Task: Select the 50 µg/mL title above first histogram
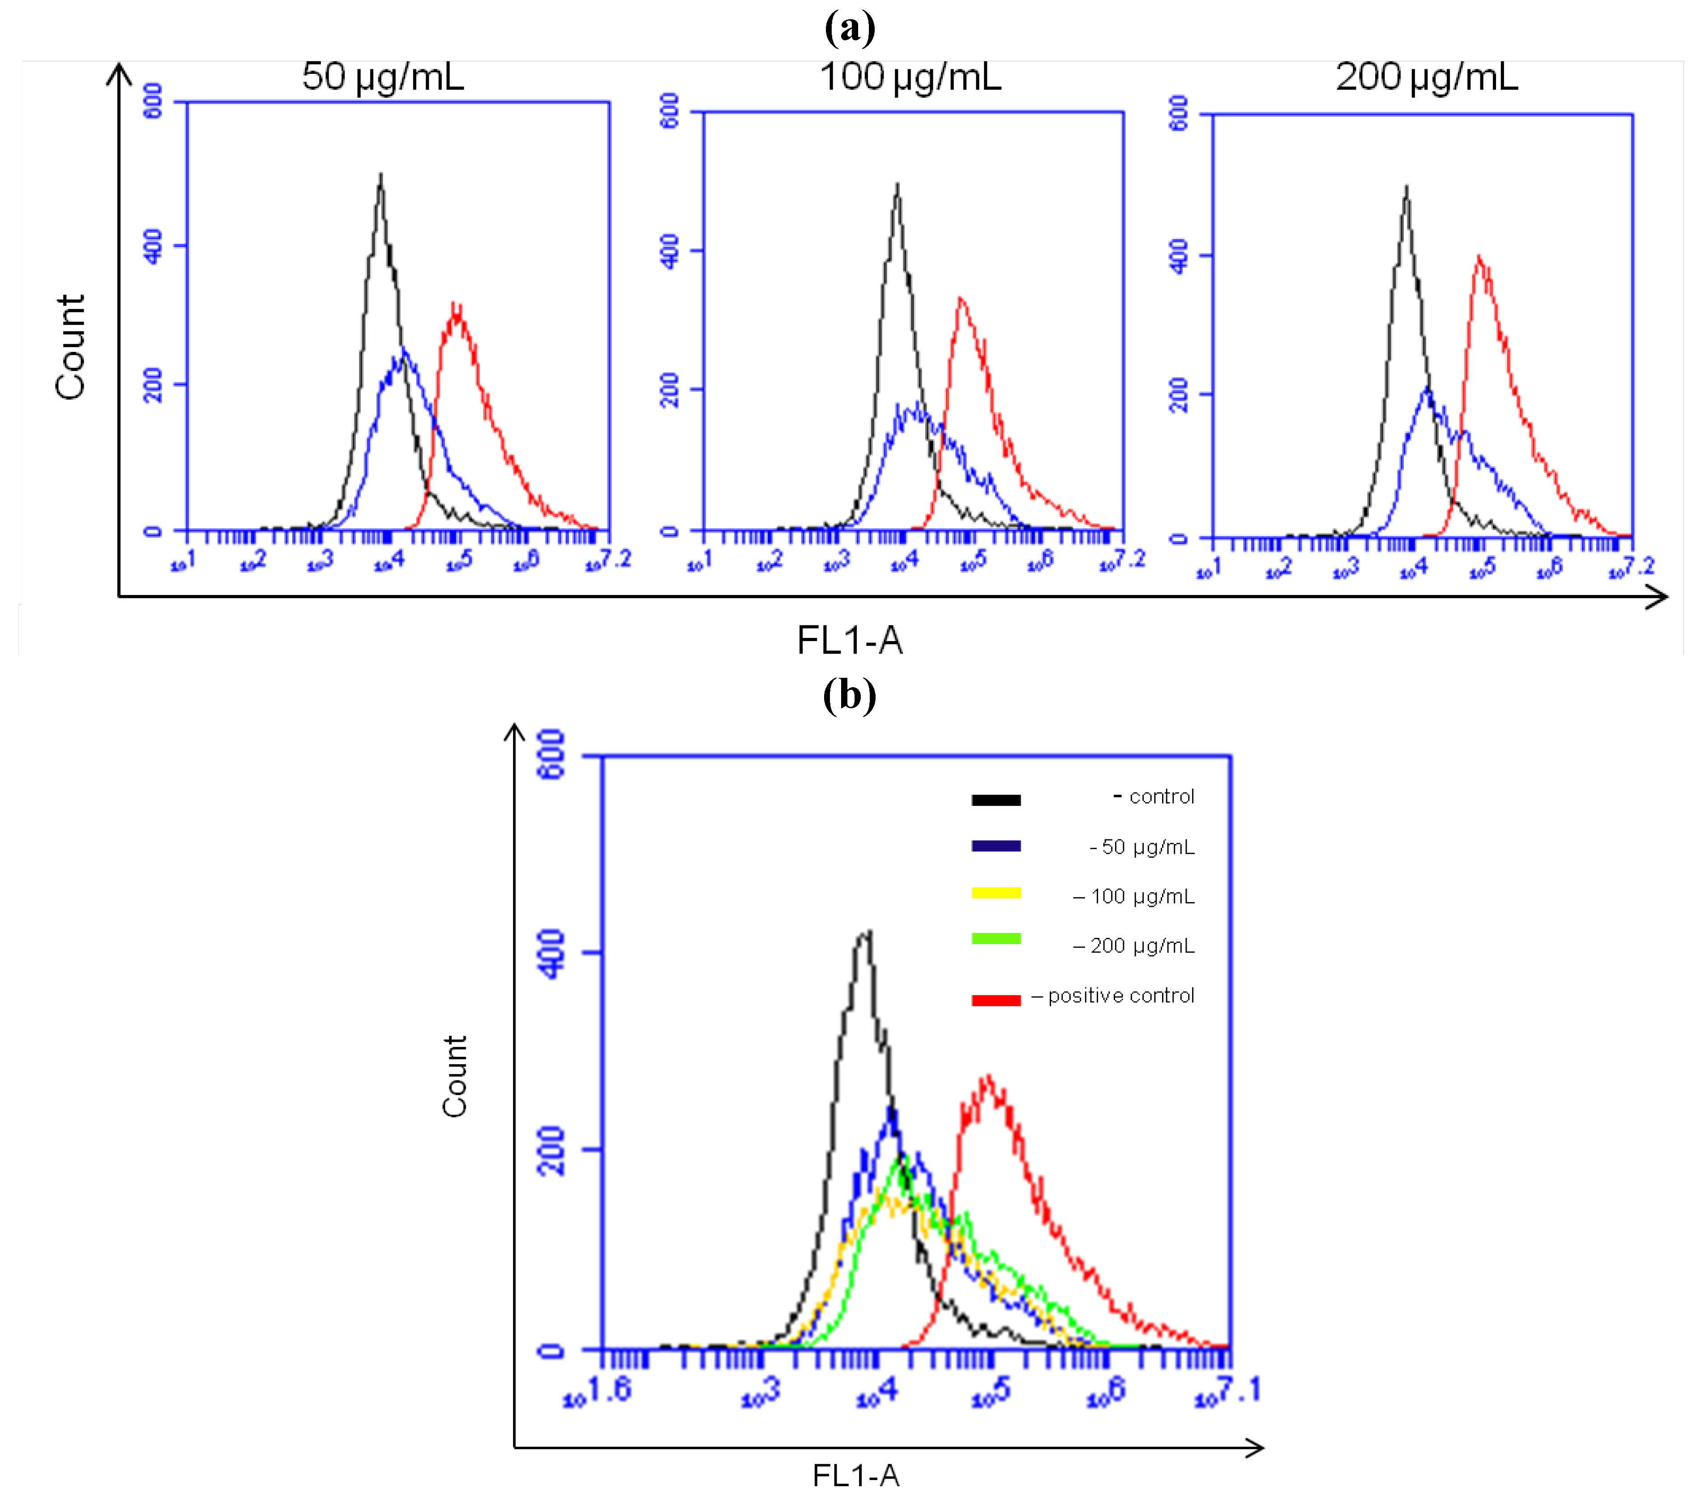(383, 77)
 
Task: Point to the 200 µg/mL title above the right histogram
(1426, 77)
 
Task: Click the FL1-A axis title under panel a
(849, 640)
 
